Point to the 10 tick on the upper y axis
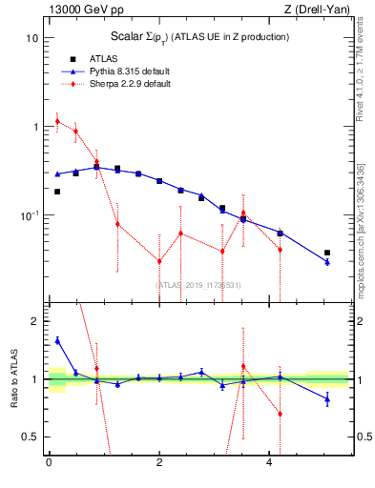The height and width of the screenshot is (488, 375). pos(31,38)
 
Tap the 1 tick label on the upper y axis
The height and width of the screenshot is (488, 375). pos(34,127)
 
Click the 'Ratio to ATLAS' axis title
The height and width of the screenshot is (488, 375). pos(13,378)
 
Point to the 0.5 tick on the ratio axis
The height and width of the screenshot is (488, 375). pos(31,437)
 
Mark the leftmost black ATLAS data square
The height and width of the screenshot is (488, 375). pos(57,192)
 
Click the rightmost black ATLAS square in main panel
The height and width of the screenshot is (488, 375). pos(327,253)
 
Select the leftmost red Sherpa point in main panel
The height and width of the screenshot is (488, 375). pos(57,121)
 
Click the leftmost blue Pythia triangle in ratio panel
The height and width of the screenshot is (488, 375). pos(57,340)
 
